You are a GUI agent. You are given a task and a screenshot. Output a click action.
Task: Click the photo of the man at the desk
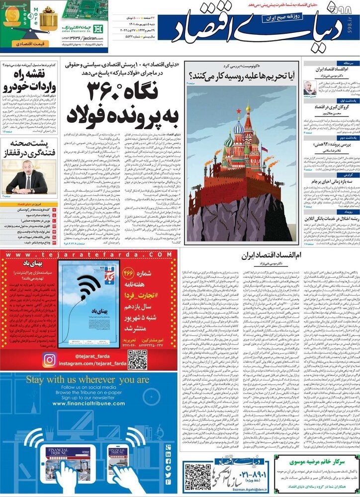pyautogui.click(x=27, y=176)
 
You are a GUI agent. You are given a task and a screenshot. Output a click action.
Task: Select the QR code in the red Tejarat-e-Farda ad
pyautogui.click(x=137, y=359)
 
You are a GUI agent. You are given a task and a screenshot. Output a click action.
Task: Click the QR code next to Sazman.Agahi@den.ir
pyautogui.click(x=197, y=476)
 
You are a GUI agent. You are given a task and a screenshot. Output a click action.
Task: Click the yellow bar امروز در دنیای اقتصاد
pyautogui.click(x=29, y=204)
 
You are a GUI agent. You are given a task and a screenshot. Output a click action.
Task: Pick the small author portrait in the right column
pyautogui.click(x=309, y=88)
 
